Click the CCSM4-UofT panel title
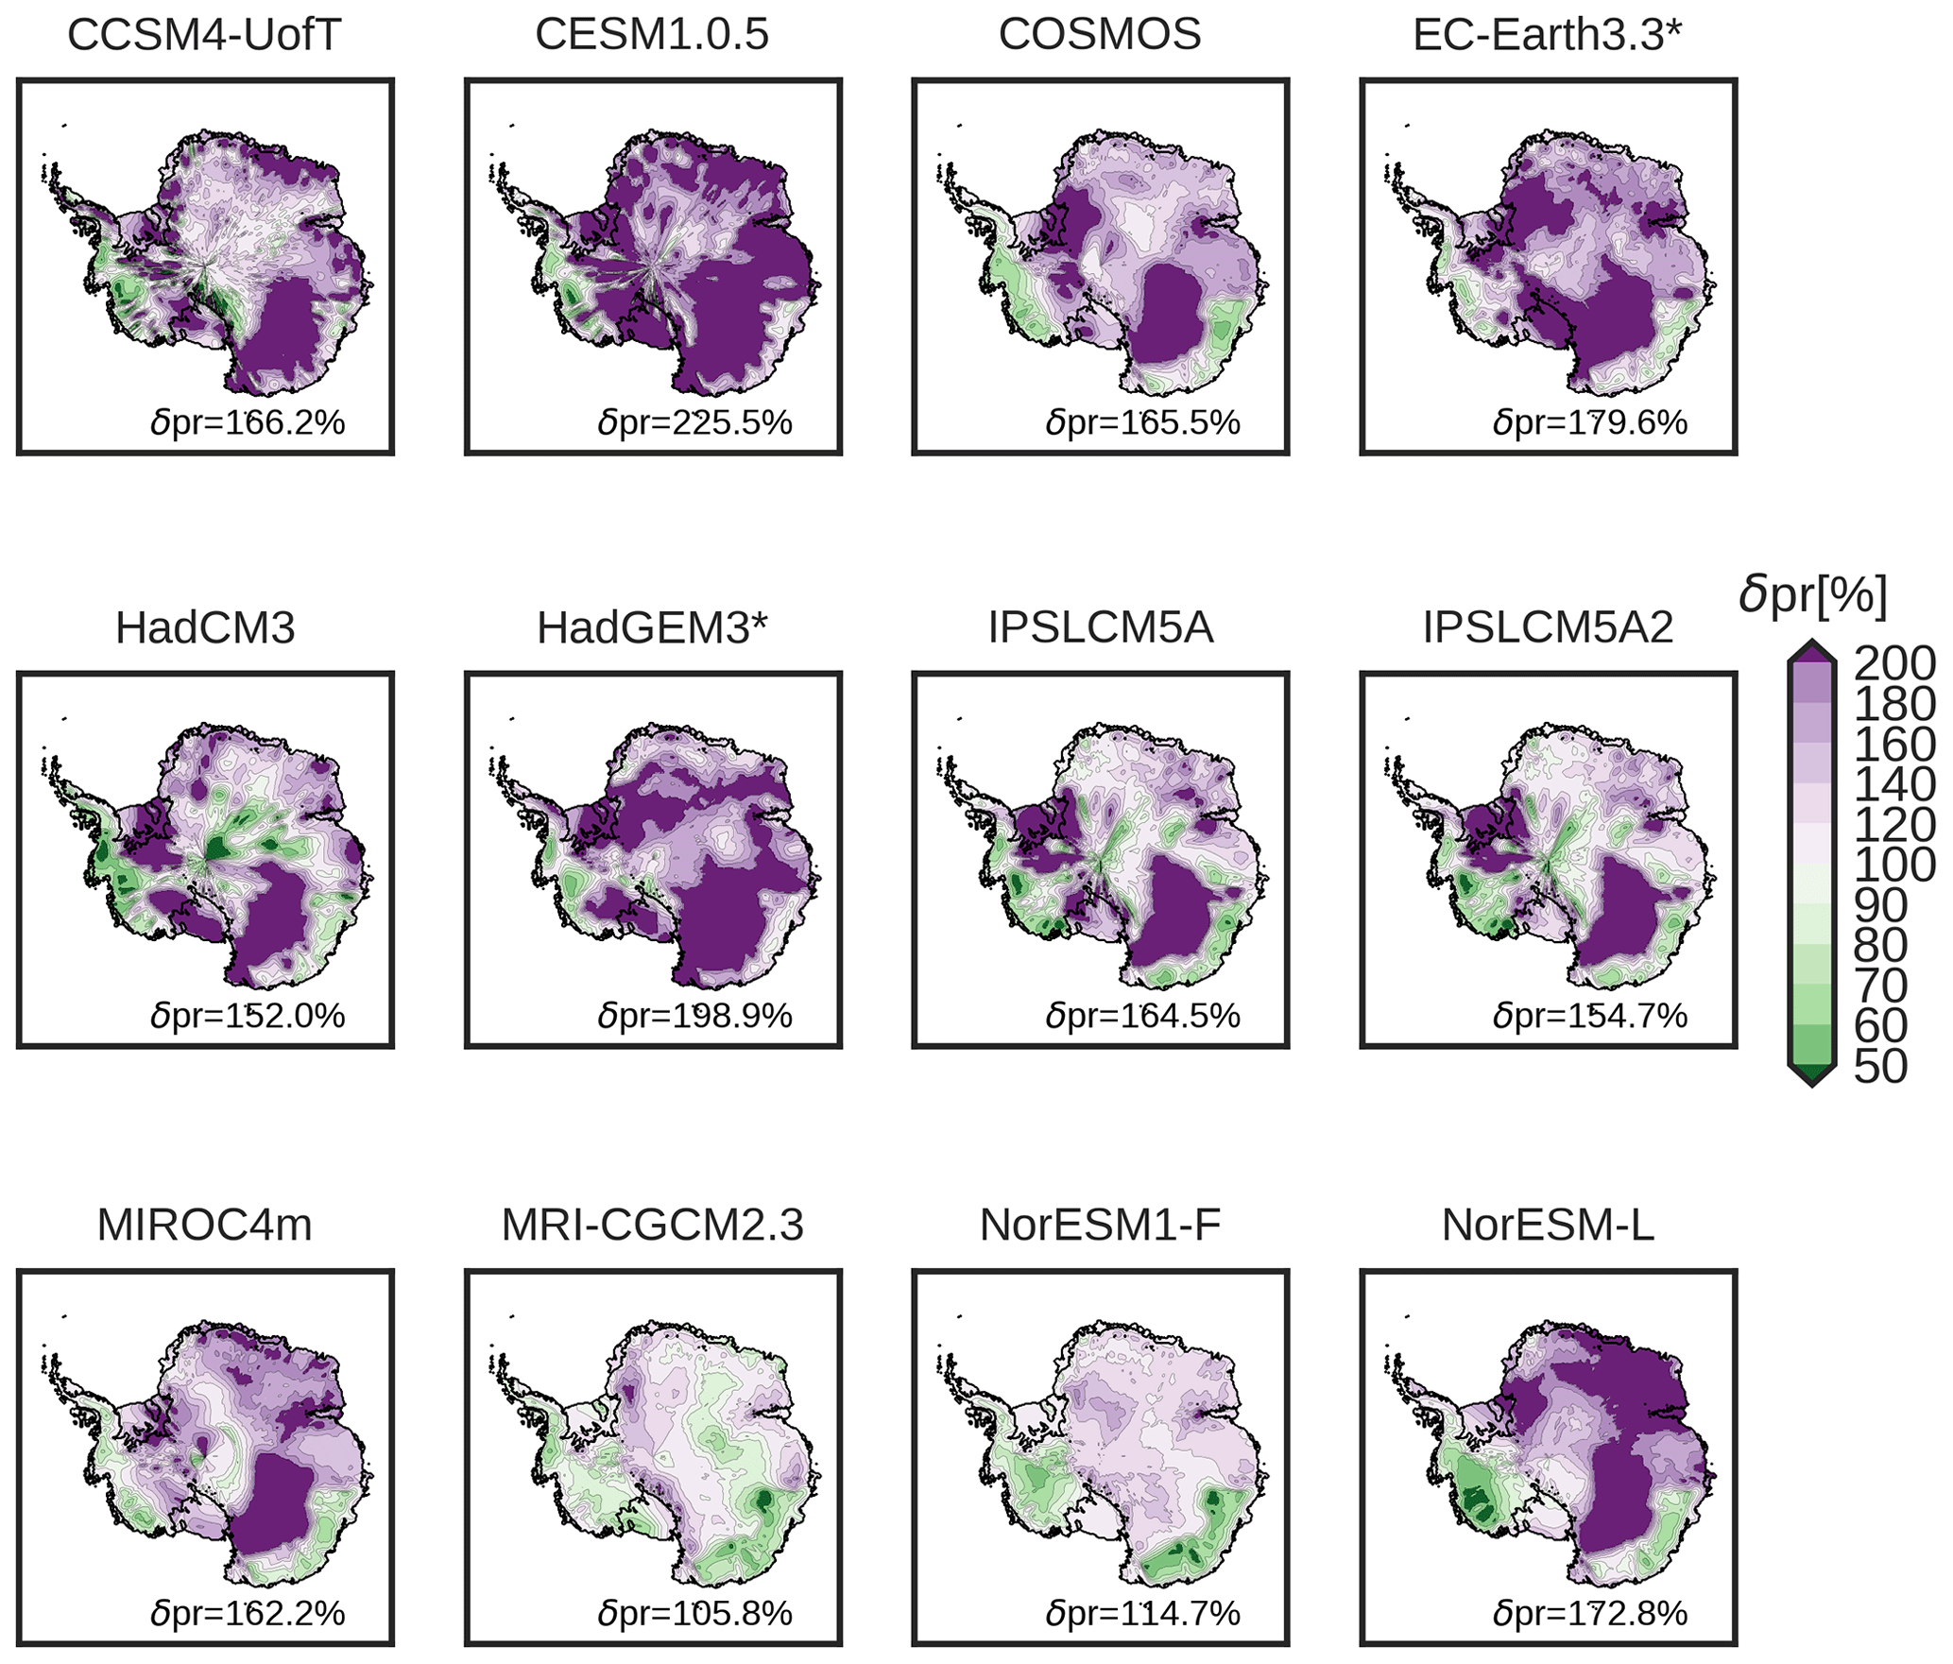(x=204, y=36)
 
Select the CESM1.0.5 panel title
(x=652, y=36)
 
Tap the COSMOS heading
(x=1100, y=36)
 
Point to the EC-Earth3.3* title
(x=1548, y=36)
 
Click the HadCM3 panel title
(x=205, y=628)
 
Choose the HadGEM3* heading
(x=652, y=628)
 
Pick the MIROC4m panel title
(x=204, y=1226)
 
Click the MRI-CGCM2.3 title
(x=652, y=1226)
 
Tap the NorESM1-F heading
(x=1100, y=1226)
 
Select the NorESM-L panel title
(x=1548, y=1226)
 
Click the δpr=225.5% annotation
(x=694, y=422)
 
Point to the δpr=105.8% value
(x=694, y=1613)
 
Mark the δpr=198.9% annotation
(x=694, y=1016)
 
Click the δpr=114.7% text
(x=1142, y=1613)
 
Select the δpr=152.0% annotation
(x=248, y=1016)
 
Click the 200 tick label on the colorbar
(x=1893, y=664)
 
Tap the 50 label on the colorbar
(x=1880, y=1067)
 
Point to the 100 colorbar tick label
(x=1893, y=866)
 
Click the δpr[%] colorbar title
(x=1812, y=596)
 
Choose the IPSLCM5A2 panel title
(x=1548, y=628)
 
